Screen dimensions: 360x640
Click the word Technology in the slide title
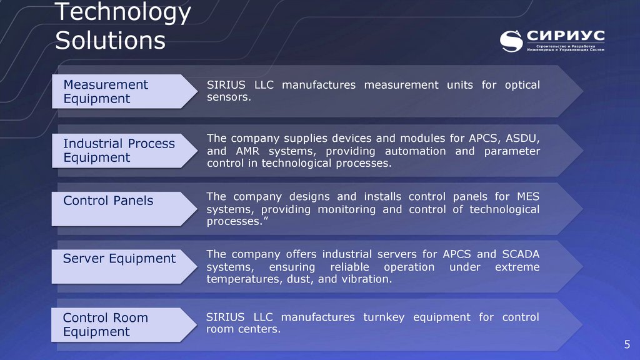pos(122,13)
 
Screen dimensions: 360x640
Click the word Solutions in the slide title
pos(110,41)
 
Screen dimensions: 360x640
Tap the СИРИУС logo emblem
pos(512,41)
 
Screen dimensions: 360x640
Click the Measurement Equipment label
pos(106,91)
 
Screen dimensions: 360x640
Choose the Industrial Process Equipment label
pos(119,151)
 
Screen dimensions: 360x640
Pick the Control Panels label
pos(108,201)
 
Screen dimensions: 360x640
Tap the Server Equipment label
pos(119,258)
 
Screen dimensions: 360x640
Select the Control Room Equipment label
pos(106,324)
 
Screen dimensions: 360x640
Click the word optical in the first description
pos(522,85)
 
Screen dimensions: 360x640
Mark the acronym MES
pos(527,197)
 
